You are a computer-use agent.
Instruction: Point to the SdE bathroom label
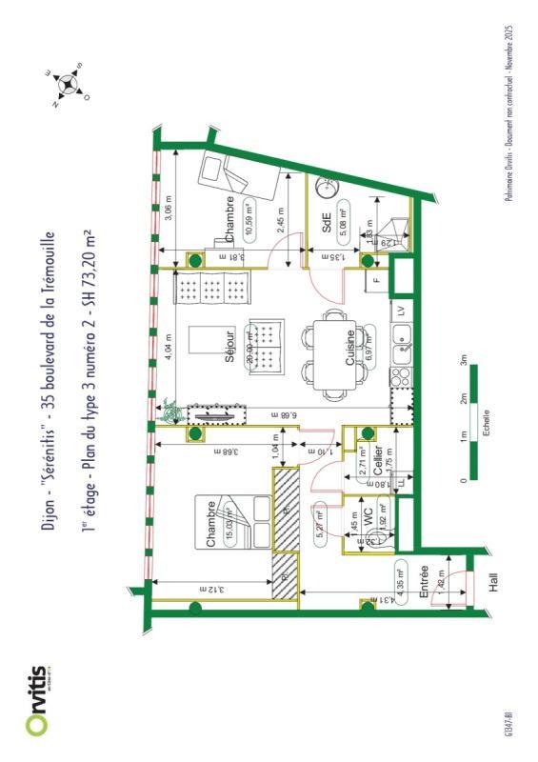pos(327,224)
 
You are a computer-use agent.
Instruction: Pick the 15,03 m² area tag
pos(231,524)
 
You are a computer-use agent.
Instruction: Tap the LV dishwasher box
pos(402,311)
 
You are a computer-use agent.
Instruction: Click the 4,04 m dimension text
pos(169,345)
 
